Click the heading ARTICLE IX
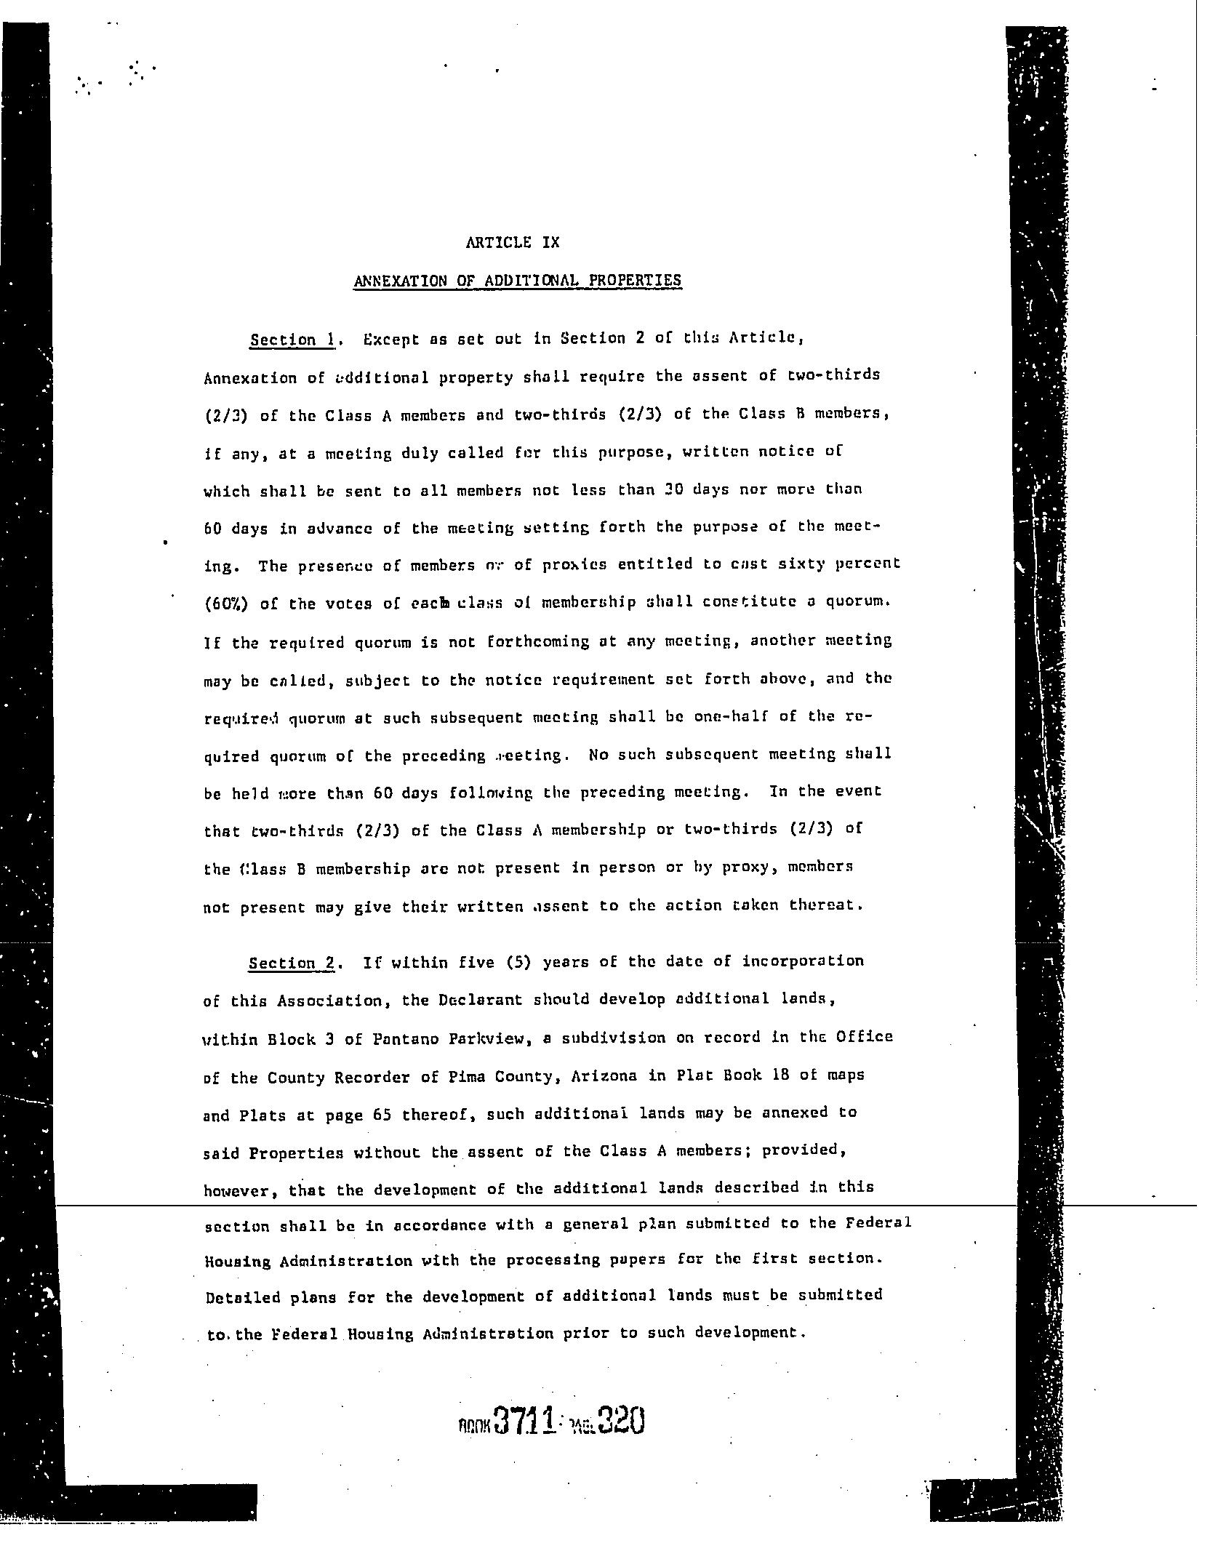click(x=513, y=243)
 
